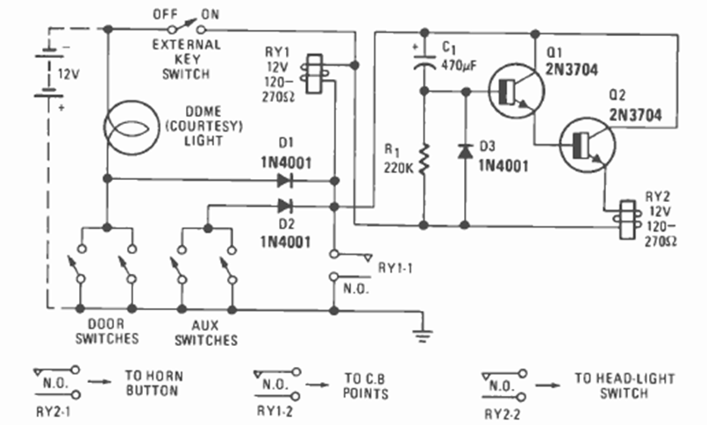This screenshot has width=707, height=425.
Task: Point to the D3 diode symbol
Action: [464, 152]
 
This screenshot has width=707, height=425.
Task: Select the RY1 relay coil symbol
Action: [311, 73]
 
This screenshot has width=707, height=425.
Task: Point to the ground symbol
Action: [423, 333]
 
